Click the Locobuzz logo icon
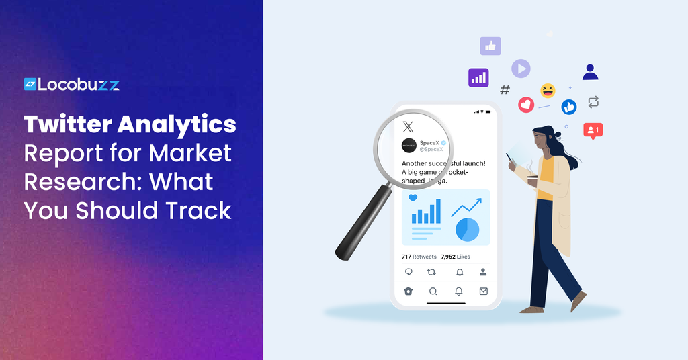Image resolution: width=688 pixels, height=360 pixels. coord(30,84)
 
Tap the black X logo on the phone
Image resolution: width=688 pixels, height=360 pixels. coord(408,126)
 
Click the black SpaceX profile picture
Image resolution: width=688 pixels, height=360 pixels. coord(408,146)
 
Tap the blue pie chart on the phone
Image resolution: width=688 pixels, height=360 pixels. coord(467,230)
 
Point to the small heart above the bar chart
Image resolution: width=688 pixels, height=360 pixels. coord(413,198)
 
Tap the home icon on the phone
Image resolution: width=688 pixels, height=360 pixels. coord(408,291)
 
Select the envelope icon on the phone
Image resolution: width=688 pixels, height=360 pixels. coord(483,291)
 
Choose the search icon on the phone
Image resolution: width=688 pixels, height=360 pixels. coord(433,291)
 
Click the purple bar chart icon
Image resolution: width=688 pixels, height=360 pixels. coord(478,78)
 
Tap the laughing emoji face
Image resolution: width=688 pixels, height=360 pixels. coord(548,90)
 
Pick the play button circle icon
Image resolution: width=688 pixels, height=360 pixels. coord(521,69)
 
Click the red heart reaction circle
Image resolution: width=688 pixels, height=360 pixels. coord(526,105)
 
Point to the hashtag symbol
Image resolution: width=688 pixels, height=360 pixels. coord(505,89)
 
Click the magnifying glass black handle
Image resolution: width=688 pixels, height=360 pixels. coord(359,222)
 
